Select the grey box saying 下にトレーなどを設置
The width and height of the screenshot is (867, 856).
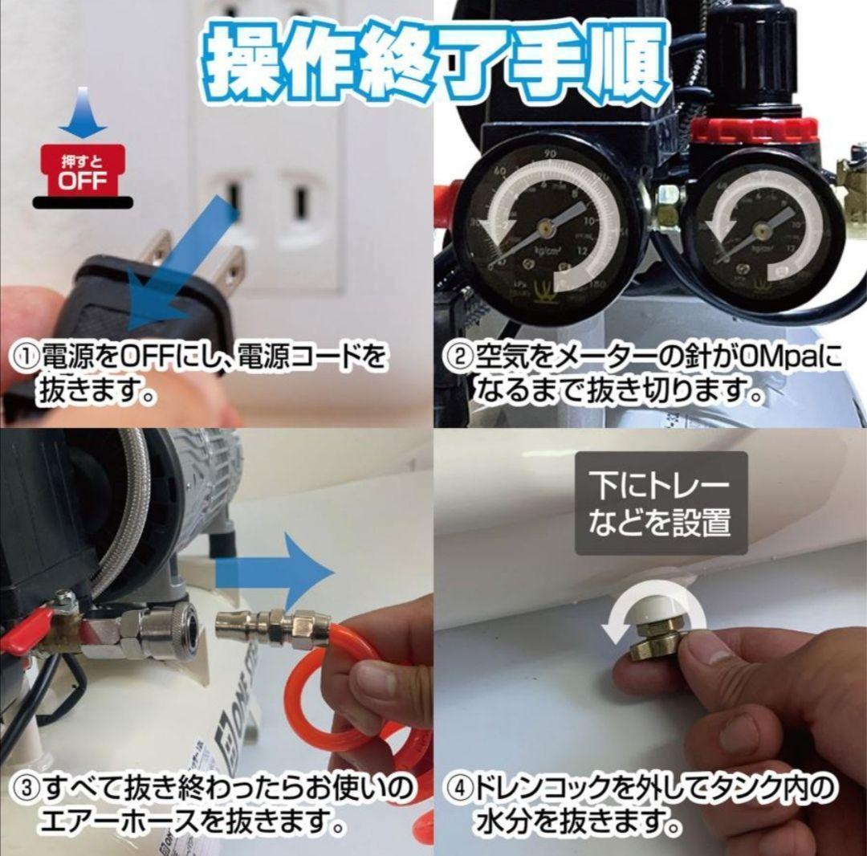click(660, 503)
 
